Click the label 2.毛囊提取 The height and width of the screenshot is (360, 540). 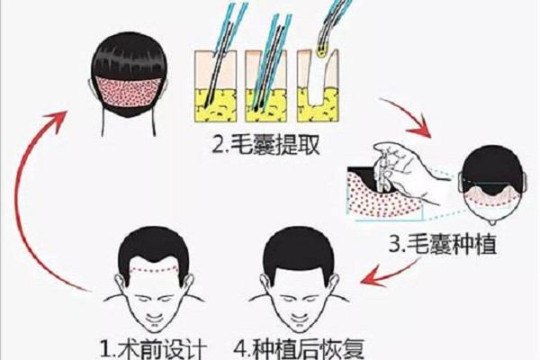pos(265,145)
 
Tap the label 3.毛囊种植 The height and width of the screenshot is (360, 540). pos(442,244)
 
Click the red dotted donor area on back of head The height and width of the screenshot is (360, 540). pos(128,92)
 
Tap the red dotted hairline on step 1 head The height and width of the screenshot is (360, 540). pos(154,269)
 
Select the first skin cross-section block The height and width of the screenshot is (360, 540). pos(216,86)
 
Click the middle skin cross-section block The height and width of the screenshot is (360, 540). pos(265,86)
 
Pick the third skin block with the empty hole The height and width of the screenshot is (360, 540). pos(318,86)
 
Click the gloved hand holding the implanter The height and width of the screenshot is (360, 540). pos(409,172)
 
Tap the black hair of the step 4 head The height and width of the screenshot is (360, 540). pos(298,251)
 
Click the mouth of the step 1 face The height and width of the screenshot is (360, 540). pos(154,319)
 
